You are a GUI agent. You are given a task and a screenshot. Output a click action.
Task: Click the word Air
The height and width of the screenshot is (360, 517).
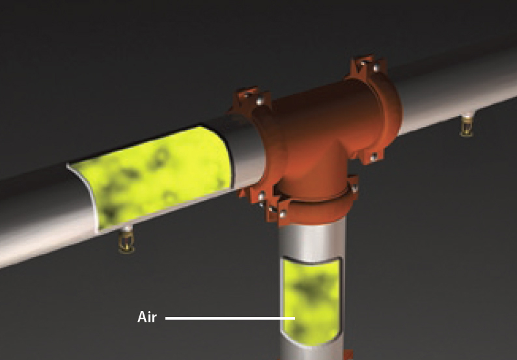[x=147, y=318]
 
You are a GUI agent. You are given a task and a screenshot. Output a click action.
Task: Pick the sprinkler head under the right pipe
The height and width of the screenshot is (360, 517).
[x=466, y=126]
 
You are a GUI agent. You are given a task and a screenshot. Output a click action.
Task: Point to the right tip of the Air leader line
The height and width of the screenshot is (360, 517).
[x=294, y=318]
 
